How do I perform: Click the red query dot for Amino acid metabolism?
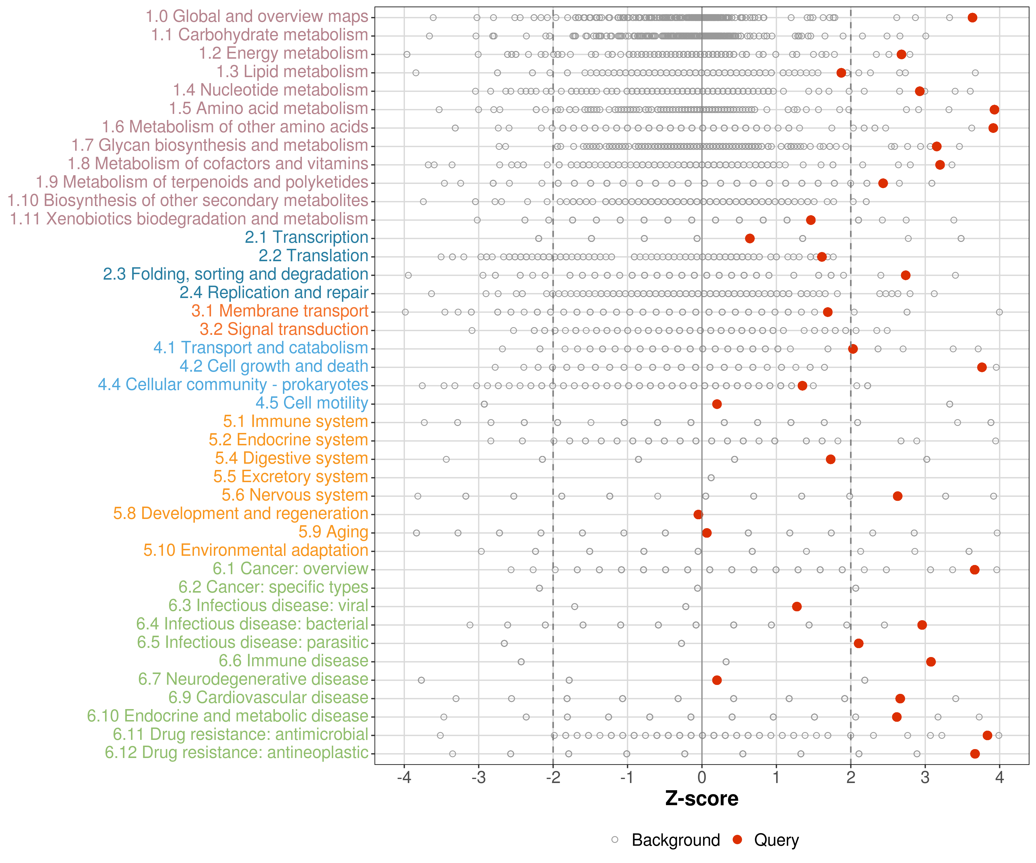pos(994,110)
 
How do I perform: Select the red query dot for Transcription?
pos(749,239)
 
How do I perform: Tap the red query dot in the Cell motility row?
pos(717,404)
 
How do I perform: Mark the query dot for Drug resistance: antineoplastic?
pos(975,754)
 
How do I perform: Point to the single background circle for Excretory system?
pos(711,478)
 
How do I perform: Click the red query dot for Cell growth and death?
pos(982,367)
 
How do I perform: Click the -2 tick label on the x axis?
pos(553,778)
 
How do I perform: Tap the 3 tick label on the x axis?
pos(925,778)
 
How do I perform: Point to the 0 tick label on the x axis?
pos(702,778)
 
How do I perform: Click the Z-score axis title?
pos(702,799)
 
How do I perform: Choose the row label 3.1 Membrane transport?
pos(280,311)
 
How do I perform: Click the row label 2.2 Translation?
pos(313,256)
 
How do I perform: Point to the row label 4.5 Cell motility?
pos(312,403)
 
